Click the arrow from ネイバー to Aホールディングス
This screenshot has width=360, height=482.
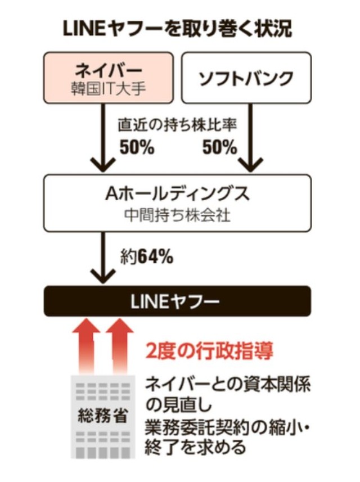click(102, 141)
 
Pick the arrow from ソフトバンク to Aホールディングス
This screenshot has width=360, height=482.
click(247, 141)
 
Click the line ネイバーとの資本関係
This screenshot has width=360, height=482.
click(228, 385)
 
